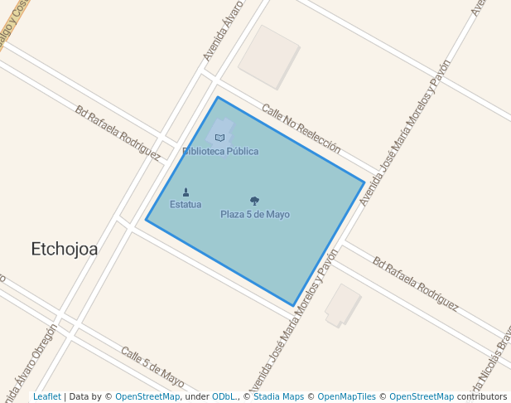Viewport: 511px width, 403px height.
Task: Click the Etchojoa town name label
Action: pos(64,249)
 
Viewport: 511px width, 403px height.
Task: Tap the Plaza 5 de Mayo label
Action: pos(255,215)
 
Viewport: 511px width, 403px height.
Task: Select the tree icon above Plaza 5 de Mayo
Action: pos(254,201)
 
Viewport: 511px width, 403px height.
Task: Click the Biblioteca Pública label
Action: pos(220,152)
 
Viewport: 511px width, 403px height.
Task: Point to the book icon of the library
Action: pos(219,138)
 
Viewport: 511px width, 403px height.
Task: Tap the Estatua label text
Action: pos(186,205)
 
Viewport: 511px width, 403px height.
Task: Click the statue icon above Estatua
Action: pos(186,192)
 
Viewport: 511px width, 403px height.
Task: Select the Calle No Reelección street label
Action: pos(301,129)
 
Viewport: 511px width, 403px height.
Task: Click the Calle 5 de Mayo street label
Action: pos(152,367)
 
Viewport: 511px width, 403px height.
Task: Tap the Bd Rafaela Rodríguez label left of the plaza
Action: pos(118,132)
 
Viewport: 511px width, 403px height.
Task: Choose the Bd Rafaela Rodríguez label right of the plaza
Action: pos(415,284)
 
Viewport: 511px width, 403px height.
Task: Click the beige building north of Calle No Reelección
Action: pos(268,56)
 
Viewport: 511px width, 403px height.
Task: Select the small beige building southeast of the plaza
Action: pos(343,305)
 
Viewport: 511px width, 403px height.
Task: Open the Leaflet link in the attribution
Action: pos(47,397)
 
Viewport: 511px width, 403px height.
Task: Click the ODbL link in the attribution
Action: pos(224,397)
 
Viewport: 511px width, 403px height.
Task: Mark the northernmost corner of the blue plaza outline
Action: pos(218,98)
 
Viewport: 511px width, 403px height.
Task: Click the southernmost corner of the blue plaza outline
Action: pos(293,305)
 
